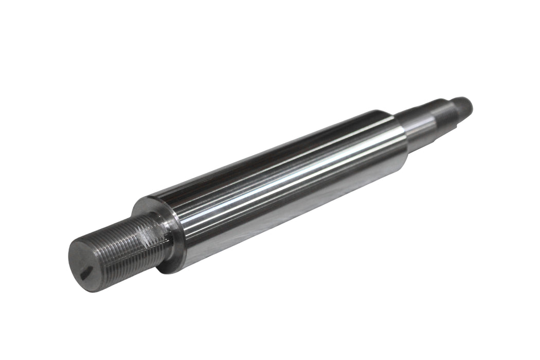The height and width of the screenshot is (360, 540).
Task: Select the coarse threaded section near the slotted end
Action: tap(129, 247)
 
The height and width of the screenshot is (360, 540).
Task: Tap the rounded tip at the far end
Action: tap(465, 105)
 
